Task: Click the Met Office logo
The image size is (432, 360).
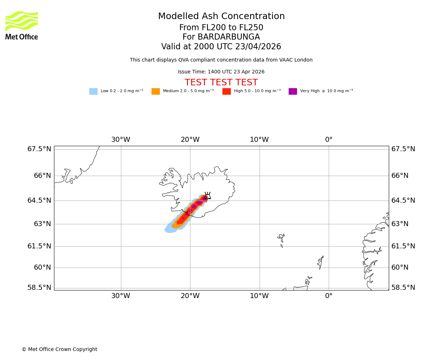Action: pos(22,25)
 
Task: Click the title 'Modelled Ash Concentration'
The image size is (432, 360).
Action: pos(221,17)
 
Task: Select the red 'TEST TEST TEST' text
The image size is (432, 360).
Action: pos(221,83)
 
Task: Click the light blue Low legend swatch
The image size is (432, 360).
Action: pos(93,91)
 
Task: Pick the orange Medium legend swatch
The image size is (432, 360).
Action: pos(156,91)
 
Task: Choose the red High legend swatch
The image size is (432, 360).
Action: pos(226,91)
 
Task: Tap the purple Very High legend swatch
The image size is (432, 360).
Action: pos(293,91)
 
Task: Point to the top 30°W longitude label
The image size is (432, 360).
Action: pos(121,140)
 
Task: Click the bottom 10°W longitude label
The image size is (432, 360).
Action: pos(259,296)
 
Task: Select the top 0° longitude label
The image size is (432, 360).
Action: pos(329,140)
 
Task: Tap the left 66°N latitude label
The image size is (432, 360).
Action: pos(39,176)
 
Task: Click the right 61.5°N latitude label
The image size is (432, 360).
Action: pos(403,246)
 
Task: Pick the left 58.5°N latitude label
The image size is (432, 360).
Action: pos(39,288)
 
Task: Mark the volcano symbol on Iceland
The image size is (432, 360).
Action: pos(207,196)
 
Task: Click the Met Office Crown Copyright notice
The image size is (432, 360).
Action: pos(59,350)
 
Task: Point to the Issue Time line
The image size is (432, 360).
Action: pos(221,72)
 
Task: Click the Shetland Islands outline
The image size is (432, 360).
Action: pos(320,262)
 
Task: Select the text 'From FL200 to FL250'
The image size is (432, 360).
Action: pos(221,28)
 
